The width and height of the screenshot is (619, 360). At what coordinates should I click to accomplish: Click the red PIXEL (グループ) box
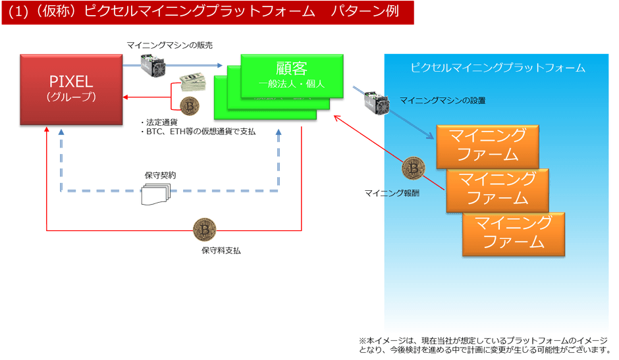[72, 90]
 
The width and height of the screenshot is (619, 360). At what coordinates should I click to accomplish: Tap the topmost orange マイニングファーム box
[487, 145]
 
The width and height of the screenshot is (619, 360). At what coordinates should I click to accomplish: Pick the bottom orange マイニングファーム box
[513, 233]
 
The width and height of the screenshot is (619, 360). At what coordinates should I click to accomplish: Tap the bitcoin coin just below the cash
[190, 105]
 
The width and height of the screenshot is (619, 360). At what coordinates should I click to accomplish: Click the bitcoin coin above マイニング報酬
[413, 168]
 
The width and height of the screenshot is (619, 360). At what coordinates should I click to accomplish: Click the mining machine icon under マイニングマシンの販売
[152, 64]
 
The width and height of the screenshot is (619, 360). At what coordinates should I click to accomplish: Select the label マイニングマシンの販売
[169, 44]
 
